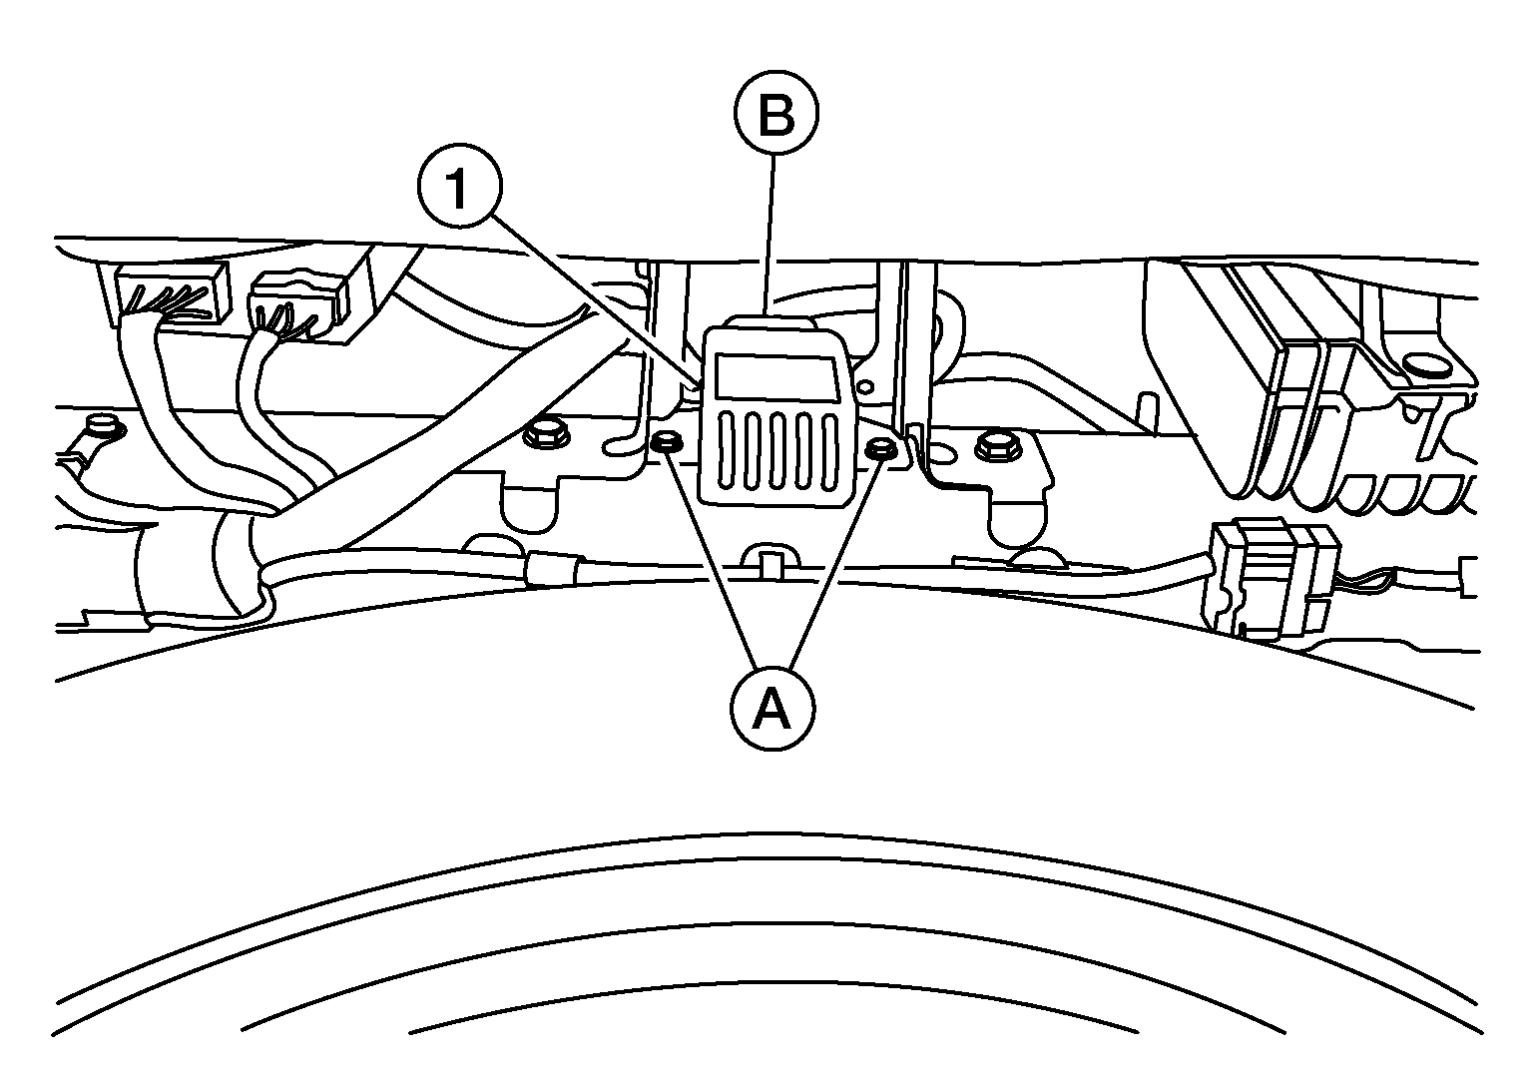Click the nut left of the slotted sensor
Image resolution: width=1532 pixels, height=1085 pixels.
(666, 441)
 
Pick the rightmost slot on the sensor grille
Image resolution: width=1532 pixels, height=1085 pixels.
(827, 454)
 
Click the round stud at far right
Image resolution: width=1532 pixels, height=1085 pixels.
(1415, 361)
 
